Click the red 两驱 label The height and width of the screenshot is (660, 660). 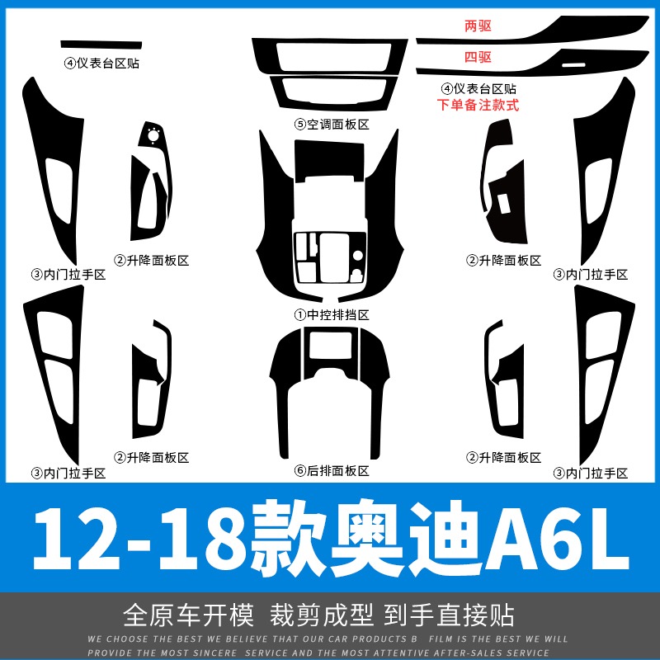click(478, 26)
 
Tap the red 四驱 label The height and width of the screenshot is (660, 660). click(478, 57)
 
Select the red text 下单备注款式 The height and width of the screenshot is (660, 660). click(478, 105)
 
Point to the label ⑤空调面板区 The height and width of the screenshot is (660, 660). click(332, 125)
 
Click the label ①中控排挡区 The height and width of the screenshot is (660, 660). click(332, 314)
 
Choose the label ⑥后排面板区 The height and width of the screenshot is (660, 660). click(332, 471)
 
